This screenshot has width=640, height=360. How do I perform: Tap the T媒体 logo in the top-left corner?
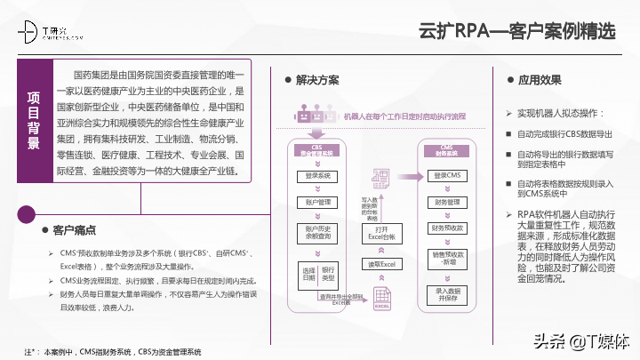pyautogui.click(x=52, y=34)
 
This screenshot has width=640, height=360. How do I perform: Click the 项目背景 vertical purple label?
pyautogui.click(x=34, y=120)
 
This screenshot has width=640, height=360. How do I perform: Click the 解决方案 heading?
pyautogui.click(x=316, y=80)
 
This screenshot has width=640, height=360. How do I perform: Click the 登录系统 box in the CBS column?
pyautogui.click(x=317, y=176)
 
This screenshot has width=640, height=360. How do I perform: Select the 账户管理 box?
pyautogui.click(x=317, y=202)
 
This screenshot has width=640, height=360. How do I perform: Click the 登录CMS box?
pyautogui.click(x=448, y=176)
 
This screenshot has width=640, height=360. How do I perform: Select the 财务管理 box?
pyautogui.click(x=448, y=202)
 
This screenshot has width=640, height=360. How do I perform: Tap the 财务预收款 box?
pyautogui.click(x=448, y=228)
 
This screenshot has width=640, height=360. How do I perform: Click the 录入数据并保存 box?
pyautogui.click(x=448, y=294)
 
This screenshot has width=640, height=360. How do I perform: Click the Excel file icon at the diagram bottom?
pyautogui.click(x=380, y=308)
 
